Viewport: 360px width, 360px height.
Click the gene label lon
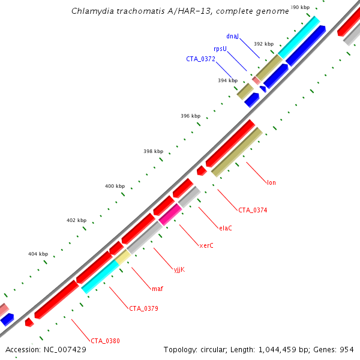coord(271,182)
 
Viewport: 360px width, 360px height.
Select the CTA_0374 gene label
coord(253,210)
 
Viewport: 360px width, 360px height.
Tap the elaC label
coord(226,228)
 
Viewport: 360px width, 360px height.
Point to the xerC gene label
coord(206,245)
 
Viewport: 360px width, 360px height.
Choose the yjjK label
coord(179,269)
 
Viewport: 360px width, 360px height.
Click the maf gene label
coord(157,289)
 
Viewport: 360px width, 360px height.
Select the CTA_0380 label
coord(106,341)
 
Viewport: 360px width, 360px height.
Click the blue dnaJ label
coord(233,37)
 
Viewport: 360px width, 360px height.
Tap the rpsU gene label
coord(220,49)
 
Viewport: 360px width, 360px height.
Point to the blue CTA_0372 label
coord(200,59)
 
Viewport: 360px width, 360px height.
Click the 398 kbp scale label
coord(154,152)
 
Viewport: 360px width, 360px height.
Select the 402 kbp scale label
coord(76,221)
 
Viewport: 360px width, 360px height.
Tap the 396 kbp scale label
coord(191,116)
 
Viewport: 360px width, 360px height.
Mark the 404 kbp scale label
coord(38,254)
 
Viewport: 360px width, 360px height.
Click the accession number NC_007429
coord(65,349)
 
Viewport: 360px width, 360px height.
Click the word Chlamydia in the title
coord(92,11)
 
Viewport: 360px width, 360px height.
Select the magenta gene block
coord(170,214)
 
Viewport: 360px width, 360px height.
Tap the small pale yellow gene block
coord(123,257)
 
